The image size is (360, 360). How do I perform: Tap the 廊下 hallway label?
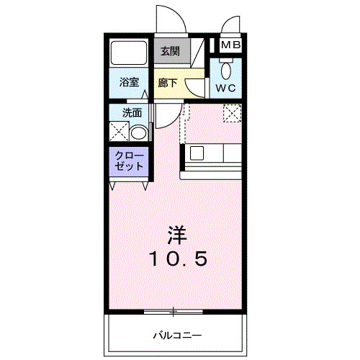pyautogui.click(x=167, y=83)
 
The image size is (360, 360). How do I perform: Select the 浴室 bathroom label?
pyautogui.click(x=130, y=83)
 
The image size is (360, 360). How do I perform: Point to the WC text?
pyautogui.click(x=226, y=89)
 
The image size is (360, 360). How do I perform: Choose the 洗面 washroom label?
pyautogui.click(x=131, y=112)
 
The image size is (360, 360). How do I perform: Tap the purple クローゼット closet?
pyautogui.click(x=130, y=161)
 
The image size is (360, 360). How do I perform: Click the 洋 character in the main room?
pyautogui.click(x=179, y=235)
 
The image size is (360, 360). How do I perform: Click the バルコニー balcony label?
pyautogui.click(x=176, y=335)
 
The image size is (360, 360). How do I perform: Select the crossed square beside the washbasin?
pyautogui.click(x=118, y=132)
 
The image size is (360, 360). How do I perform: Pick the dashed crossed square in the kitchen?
pyautogui.click(x=232, y=114)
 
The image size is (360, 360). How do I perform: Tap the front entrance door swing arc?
pyautogui.click(x=171, y=20)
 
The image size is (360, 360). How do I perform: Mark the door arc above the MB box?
pyautogui.click(x=232, y=25)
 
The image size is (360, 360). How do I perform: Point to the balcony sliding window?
pyautogui.click(x=173, y=312)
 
